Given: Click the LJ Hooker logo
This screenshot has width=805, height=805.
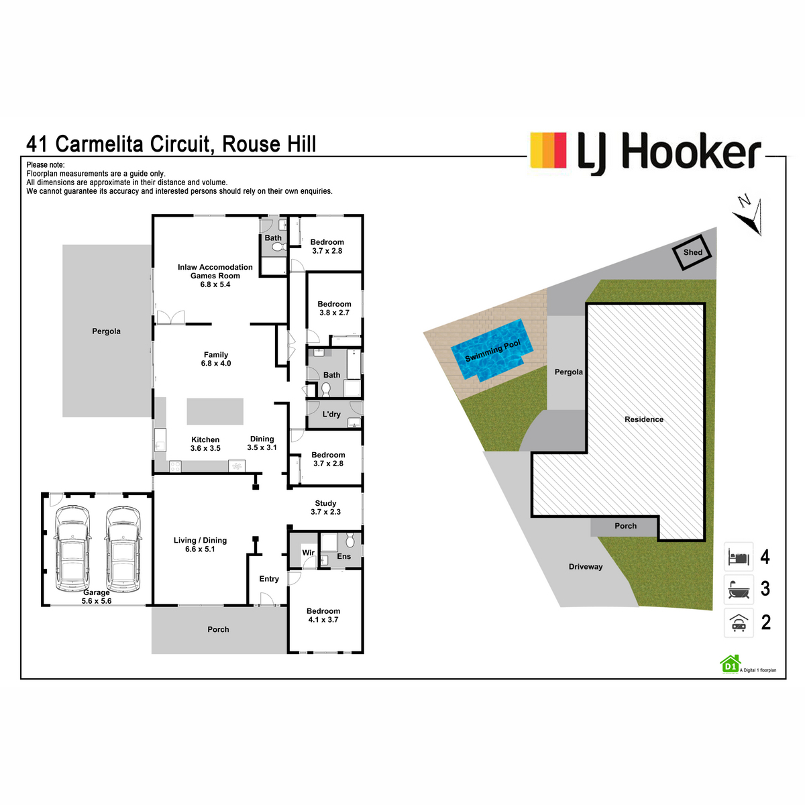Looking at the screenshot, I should (x=645, y=152).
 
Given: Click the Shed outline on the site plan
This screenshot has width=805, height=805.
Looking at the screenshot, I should (x=692, y=252).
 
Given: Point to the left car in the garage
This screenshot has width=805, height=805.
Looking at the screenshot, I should (x=72, y=548).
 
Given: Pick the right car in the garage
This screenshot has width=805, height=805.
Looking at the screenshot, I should (x=123, y=548).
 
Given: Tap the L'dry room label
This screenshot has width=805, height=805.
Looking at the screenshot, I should (x=331, y=415).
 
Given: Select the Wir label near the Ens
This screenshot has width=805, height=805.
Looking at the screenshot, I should (x=308, y=553).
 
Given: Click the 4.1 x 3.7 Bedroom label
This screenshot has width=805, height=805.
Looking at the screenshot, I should (x=323, y=615).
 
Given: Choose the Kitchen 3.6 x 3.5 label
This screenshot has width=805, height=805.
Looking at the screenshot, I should (x=205, y=444).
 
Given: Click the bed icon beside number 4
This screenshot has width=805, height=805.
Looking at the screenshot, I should (x=739, y=557).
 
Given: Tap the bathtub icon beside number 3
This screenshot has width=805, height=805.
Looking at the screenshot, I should (x=739, y=589).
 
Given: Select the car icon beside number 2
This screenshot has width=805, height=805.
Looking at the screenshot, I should (x=739, y=623).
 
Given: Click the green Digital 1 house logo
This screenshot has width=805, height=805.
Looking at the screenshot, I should (x=730, y=663).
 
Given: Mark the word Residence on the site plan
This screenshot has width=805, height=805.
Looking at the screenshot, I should (x=644, y=419).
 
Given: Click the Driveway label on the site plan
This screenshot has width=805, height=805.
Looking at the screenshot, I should (x=586, y=567).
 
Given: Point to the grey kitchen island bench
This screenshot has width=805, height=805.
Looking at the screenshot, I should (x=215, y=411).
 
